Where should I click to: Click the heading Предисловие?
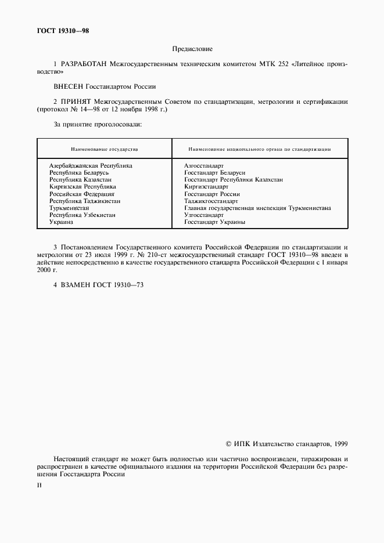pyautogui.click(x=192, y=49)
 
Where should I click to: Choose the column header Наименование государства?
pyautogui.click(x=104, y=149)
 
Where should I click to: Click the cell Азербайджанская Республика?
pyautogui.click(x=91, y=165)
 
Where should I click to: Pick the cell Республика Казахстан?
pyautogui.click(x=80, y=180)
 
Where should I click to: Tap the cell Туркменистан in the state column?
pyautogui.click(x=69, y=208)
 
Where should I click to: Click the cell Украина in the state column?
pyautogui.click(x=61, y=222)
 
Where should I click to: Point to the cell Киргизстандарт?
pyautogui.click(x=206, y=187)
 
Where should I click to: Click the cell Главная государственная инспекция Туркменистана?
pyautogui.click(x=257, y=208)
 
